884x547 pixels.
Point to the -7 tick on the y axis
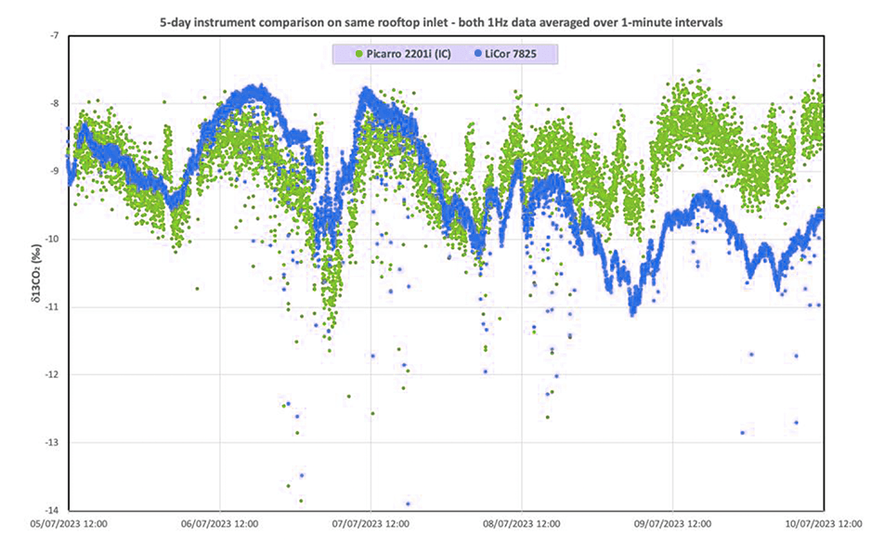tap(54, 35)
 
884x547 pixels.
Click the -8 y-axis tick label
tap(54, 103)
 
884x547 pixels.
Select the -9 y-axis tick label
tap(54, 171)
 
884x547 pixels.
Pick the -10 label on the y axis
tap(52, 239)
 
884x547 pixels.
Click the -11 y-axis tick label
tap(52, 306)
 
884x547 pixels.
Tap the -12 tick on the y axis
tap(52, 374)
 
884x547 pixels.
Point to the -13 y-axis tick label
tap(52, 442)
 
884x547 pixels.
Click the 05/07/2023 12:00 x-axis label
tap(69, 525)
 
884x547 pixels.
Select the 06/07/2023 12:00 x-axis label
tap(219, 525)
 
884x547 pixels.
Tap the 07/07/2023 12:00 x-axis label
tap(370, 525)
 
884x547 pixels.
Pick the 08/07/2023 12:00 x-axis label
tap(522, 525)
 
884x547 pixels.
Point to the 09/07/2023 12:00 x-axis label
tap(672, 525)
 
